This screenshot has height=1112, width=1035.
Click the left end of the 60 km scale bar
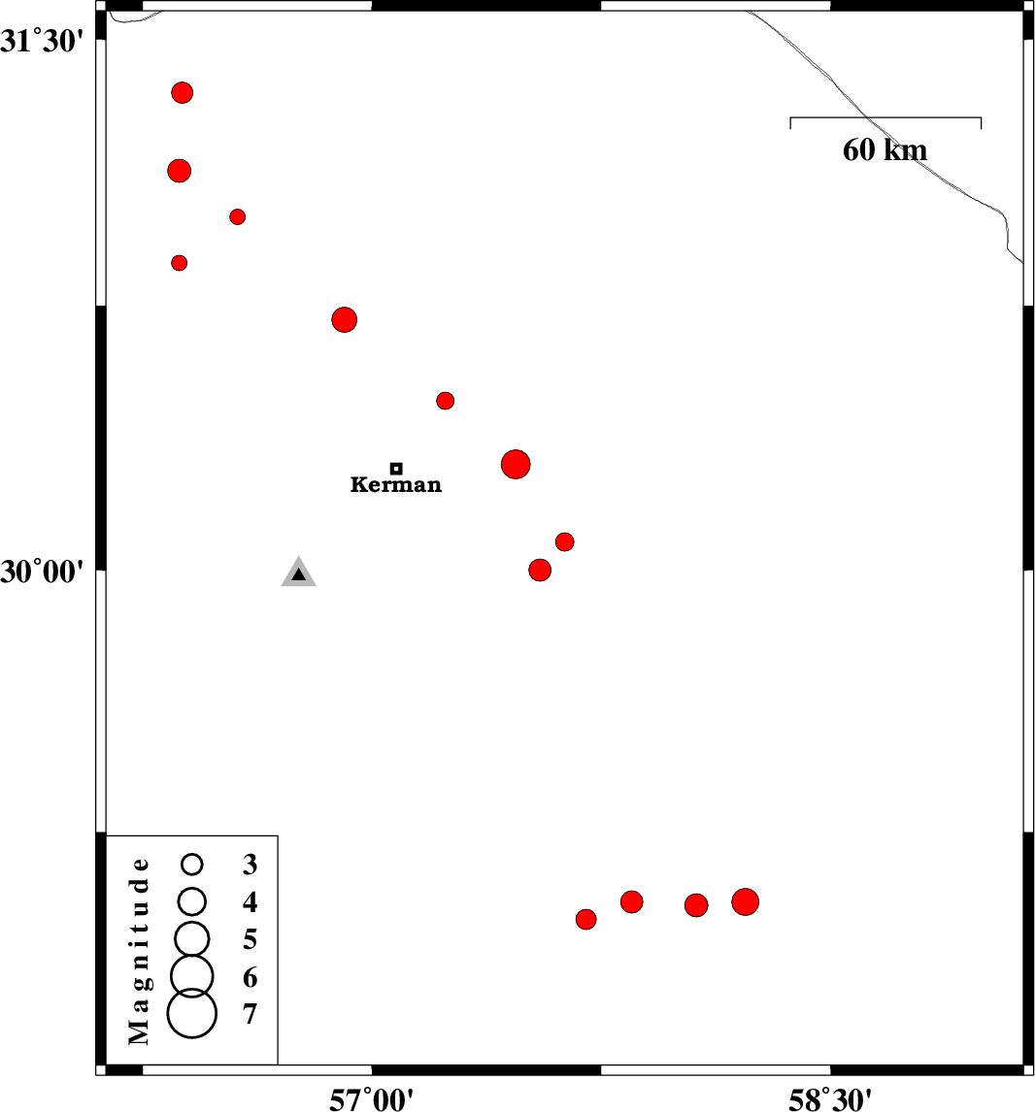pos(790,117)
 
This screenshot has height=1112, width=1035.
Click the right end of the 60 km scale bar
pos(981,117)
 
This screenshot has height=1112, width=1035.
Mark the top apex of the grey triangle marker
pos(299,556)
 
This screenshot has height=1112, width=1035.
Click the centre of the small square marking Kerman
pos(396,468)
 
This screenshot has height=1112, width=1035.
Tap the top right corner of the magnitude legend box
pos(278,836)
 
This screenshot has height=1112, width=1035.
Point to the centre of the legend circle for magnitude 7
pos(191,1013)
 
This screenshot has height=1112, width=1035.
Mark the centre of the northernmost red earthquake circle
pos(183,92)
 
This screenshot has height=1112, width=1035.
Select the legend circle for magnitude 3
pos(191,864)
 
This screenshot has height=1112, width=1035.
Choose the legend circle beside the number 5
pos(191,939)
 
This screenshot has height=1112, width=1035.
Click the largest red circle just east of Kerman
pos(516,465)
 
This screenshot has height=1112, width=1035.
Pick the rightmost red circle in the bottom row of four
pos(745,902)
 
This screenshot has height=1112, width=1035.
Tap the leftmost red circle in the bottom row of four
pos(586,920)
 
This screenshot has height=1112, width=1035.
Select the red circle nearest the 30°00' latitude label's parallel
pos(540,571)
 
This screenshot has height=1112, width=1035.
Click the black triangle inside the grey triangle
pos(299,574)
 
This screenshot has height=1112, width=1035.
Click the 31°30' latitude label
pos(47,42)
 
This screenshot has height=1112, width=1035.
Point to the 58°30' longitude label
pos(830,1098)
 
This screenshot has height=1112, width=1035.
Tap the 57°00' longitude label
pos(371,1098)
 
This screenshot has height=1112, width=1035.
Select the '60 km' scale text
pos(885,149)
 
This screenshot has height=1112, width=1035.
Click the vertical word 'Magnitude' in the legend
pos(139,951)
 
